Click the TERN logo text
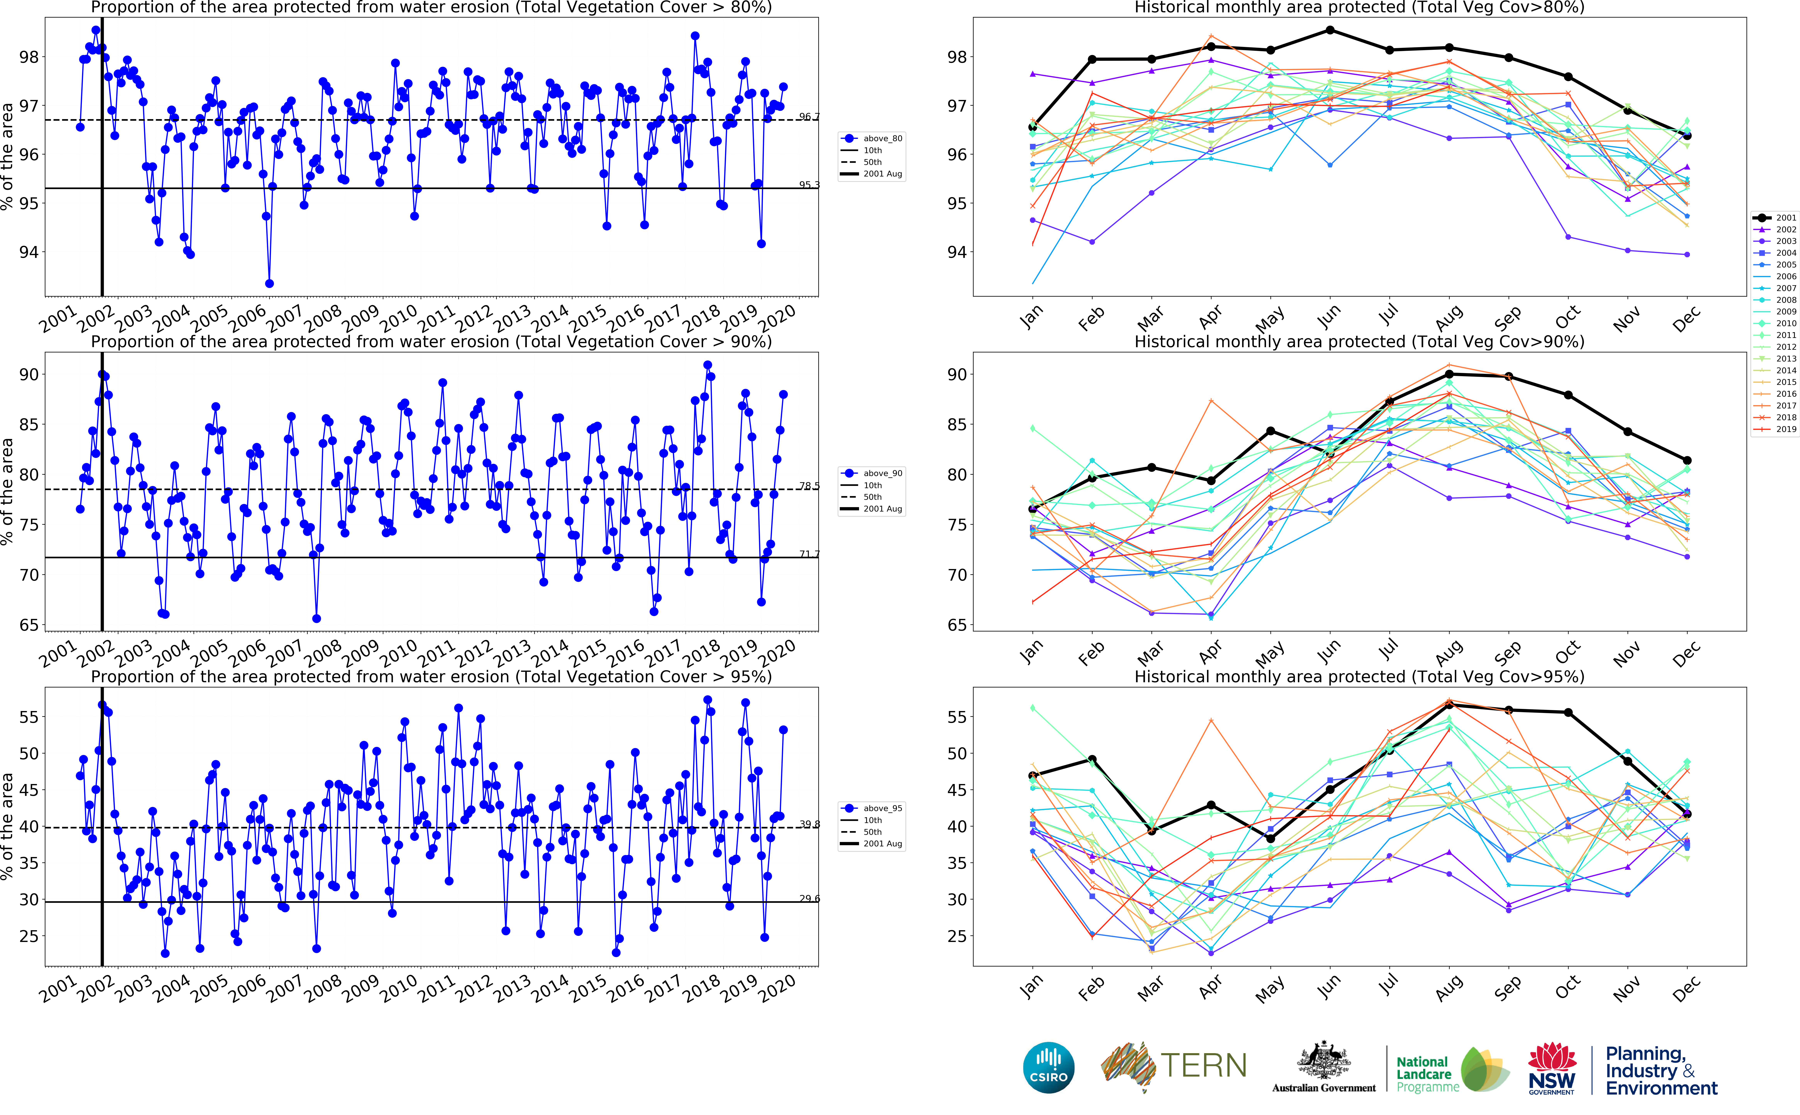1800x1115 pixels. pos(1203,1066)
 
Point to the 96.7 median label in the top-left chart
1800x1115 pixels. pos(808,116)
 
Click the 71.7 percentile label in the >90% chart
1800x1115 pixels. pos(808,554)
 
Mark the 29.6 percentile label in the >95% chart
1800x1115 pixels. pos(808,898)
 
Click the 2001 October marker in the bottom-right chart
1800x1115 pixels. pos(1568,712)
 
